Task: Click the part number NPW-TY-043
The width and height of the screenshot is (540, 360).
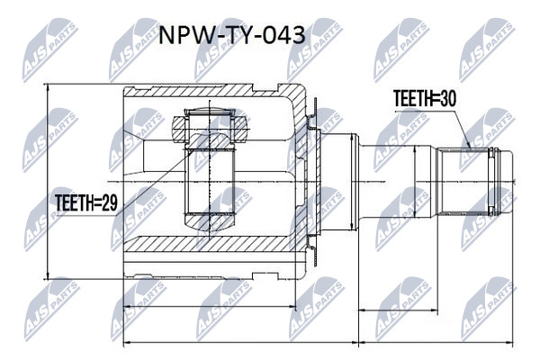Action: pyautogui.click(x=232, y=35)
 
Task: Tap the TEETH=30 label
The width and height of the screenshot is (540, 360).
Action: pyautogui.click(x=425, y=98)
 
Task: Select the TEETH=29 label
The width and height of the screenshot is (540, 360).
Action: pyautogui.click(x=86, y=202)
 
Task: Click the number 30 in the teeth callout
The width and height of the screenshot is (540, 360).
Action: pyautogui.click(x=447, y=98)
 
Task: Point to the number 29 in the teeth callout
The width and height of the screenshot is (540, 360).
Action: pyautogui.click(x=109, y=202)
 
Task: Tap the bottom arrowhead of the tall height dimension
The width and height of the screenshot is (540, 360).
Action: pyautogui.click(x=48, y=274)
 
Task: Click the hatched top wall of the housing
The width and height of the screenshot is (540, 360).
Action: pyautogui.click(x=207, y=91)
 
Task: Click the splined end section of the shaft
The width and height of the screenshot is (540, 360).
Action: pyautogui.click(x=464, y=182)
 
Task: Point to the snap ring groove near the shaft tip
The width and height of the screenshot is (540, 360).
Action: pyautogui.click(x=493, y=182)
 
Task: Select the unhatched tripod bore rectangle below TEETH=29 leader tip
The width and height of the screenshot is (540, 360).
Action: pyautogui.click(x=210, y=182)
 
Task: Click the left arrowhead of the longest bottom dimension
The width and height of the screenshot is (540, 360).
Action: pyautogui.click(x=128, y=342)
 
